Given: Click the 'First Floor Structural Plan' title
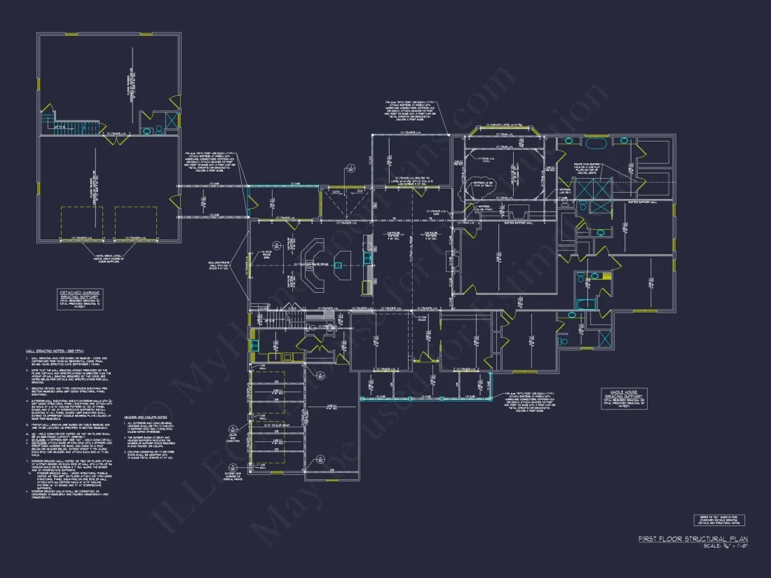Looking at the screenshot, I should (688, 539).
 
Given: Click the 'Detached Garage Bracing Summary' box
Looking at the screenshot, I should (79, 297).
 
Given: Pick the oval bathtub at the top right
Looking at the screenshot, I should (595, 144).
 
